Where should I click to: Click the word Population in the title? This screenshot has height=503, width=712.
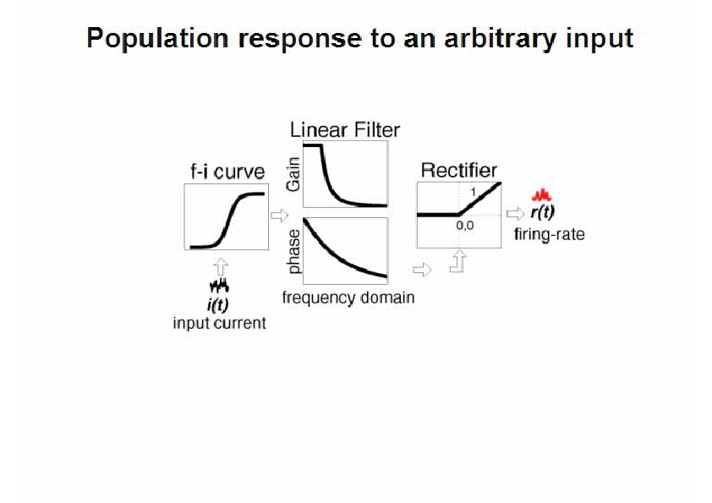[157, 39]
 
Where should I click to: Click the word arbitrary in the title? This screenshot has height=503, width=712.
[501, 39]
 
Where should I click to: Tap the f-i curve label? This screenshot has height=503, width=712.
[227, 172]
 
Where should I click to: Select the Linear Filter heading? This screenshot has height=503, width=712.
[345, 130]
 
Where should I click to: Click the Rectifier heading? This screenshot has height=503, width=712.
[458, 171]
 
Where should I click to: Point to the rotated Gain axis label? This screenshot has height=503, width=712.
[293, 174]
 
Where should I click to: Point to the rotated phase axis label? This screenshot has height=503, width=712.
[294, 252]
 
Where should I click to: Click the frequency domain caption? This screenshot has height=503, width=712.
[348, 298]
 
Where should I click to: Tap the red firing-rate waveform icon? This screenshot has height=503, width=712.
[542, 195]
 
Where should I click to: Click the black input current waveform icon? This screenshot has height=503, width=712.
[219, 286]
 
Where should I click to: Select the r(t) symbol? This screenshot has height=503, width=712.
[543, 212]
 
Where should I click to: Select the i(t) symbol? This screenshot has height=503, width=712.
[218, 304]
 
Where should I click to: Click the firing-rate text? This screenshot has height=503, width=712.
[550, 235]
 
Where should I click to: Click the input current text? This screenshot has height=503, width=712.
[219, 323]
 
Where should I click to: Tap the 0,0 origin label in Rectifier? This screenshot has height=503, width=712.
[465, 226]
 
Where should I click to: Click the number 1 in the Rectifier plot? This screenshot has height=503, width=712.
[474, 193]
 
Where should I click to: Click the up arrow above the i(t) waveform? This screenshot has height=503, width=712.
[221, 267]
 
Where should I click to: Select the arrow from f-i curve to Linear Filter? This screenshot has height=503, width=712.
[279, 215]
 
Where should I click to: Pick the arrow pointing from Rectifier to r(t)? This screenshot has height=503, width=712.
[515, 213]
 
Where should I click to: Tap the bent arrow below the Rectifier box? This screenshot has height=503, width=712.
[459, 262]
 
